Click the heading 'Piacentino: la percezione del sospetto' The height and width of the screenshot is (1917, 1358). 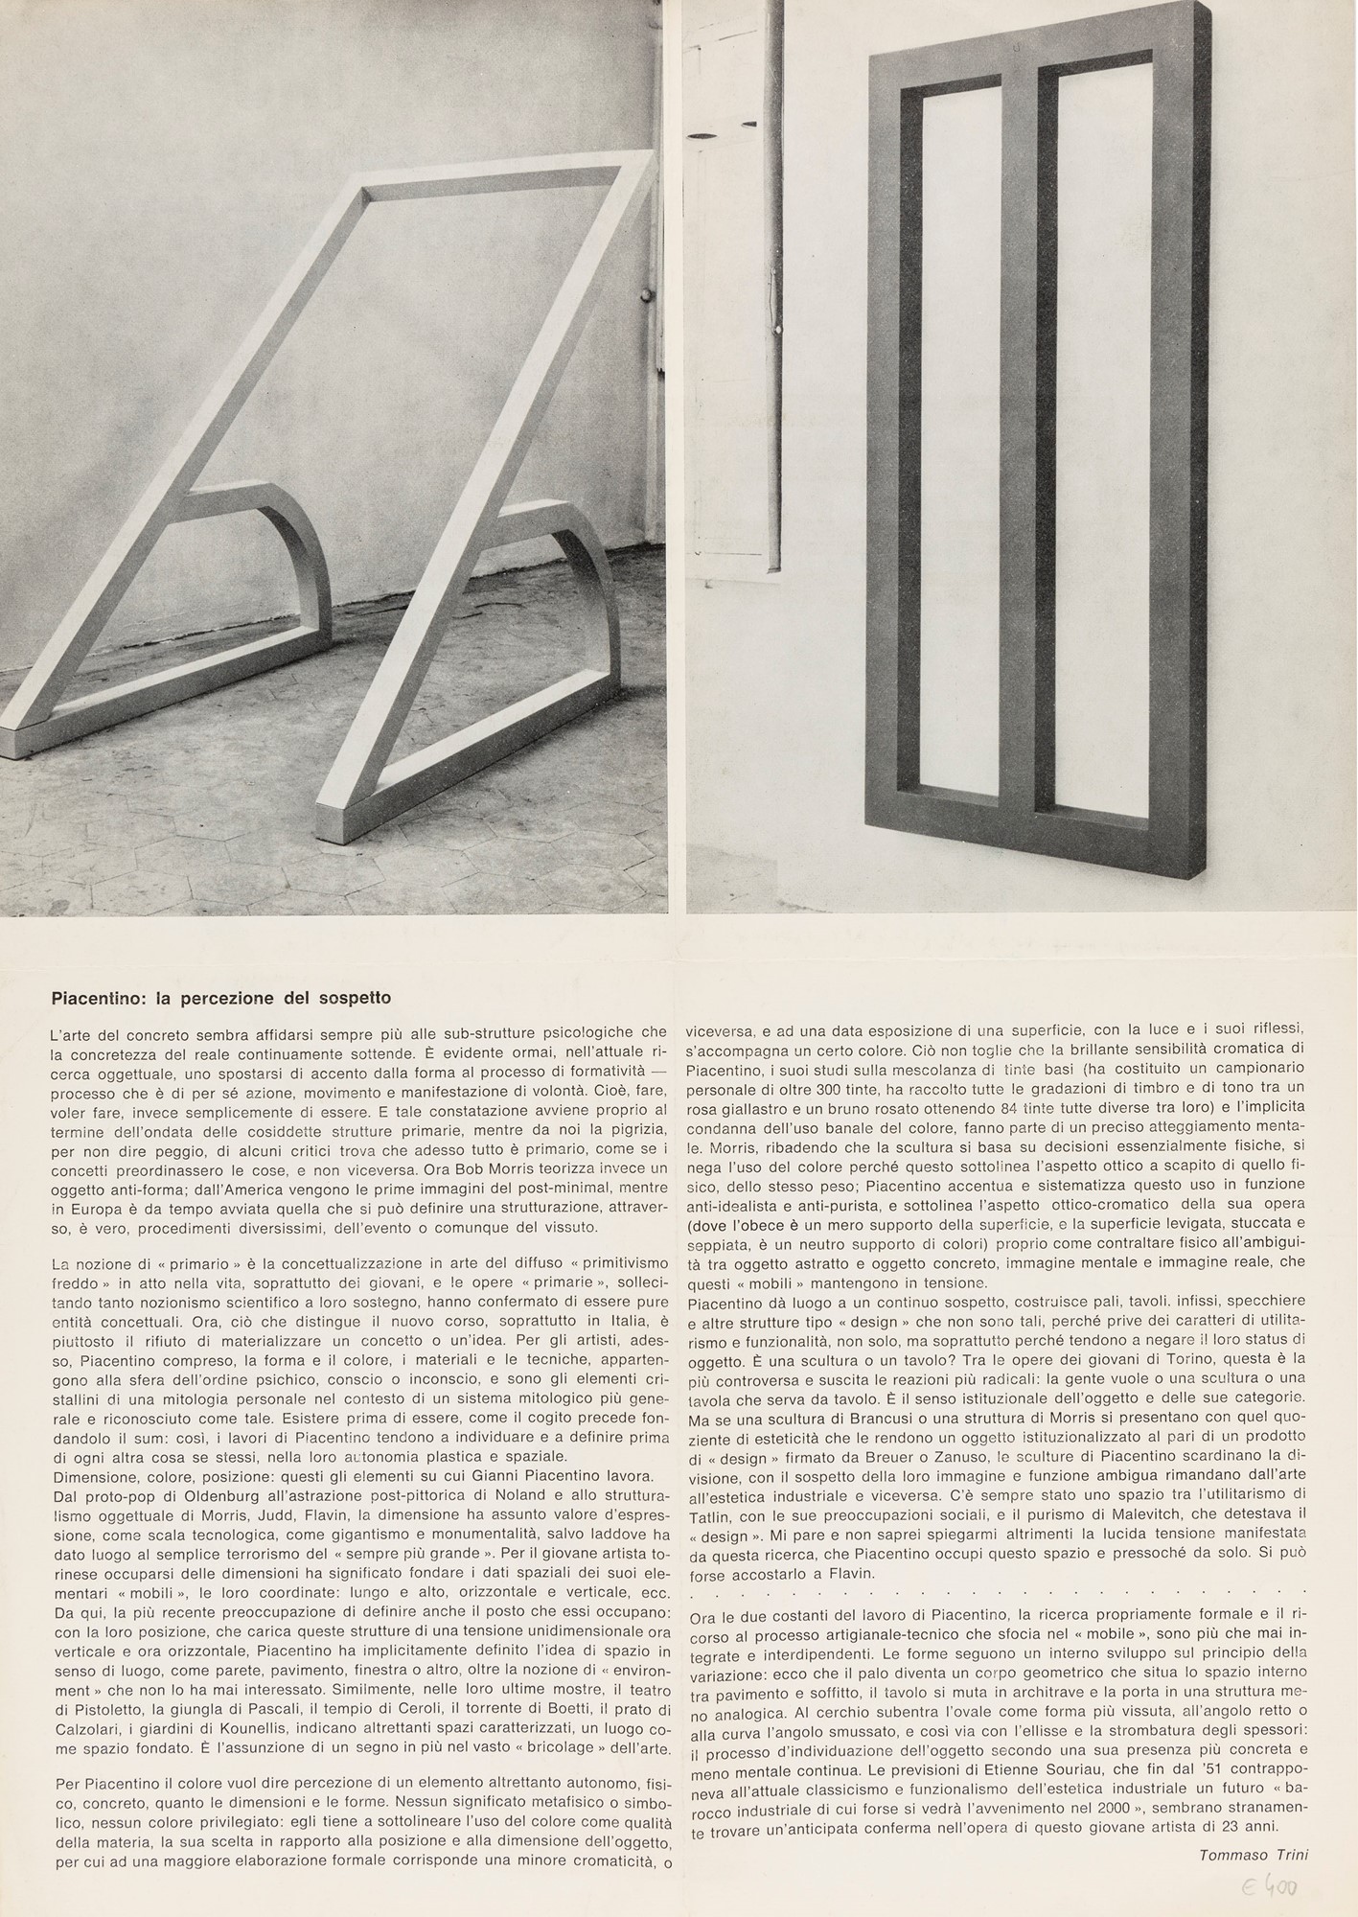coord(220,998)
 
